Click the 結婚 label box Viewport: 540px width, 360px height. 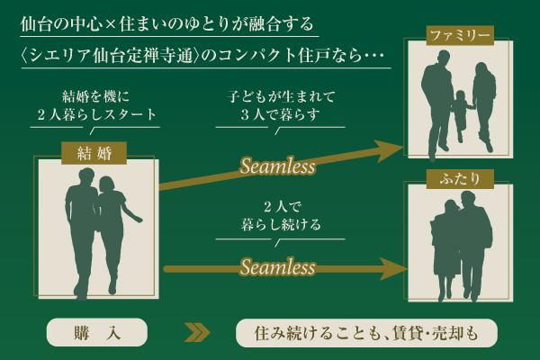pos(88,152)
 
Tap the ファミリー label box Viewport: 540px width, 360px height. pos(459,37)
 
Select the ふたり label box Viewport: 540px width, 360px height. pos(460,179)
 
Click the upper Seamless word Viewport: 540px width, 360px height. pos(277,167)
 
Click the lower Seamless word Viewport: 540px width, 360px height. pos(277,267)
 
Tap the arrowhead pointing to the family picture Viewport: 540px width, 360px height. pos(390,150)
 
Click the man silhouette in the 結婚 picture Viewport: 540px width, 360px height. pos(79,229)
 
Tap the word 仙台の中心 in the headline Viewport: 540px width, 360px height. pos(58,22)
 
